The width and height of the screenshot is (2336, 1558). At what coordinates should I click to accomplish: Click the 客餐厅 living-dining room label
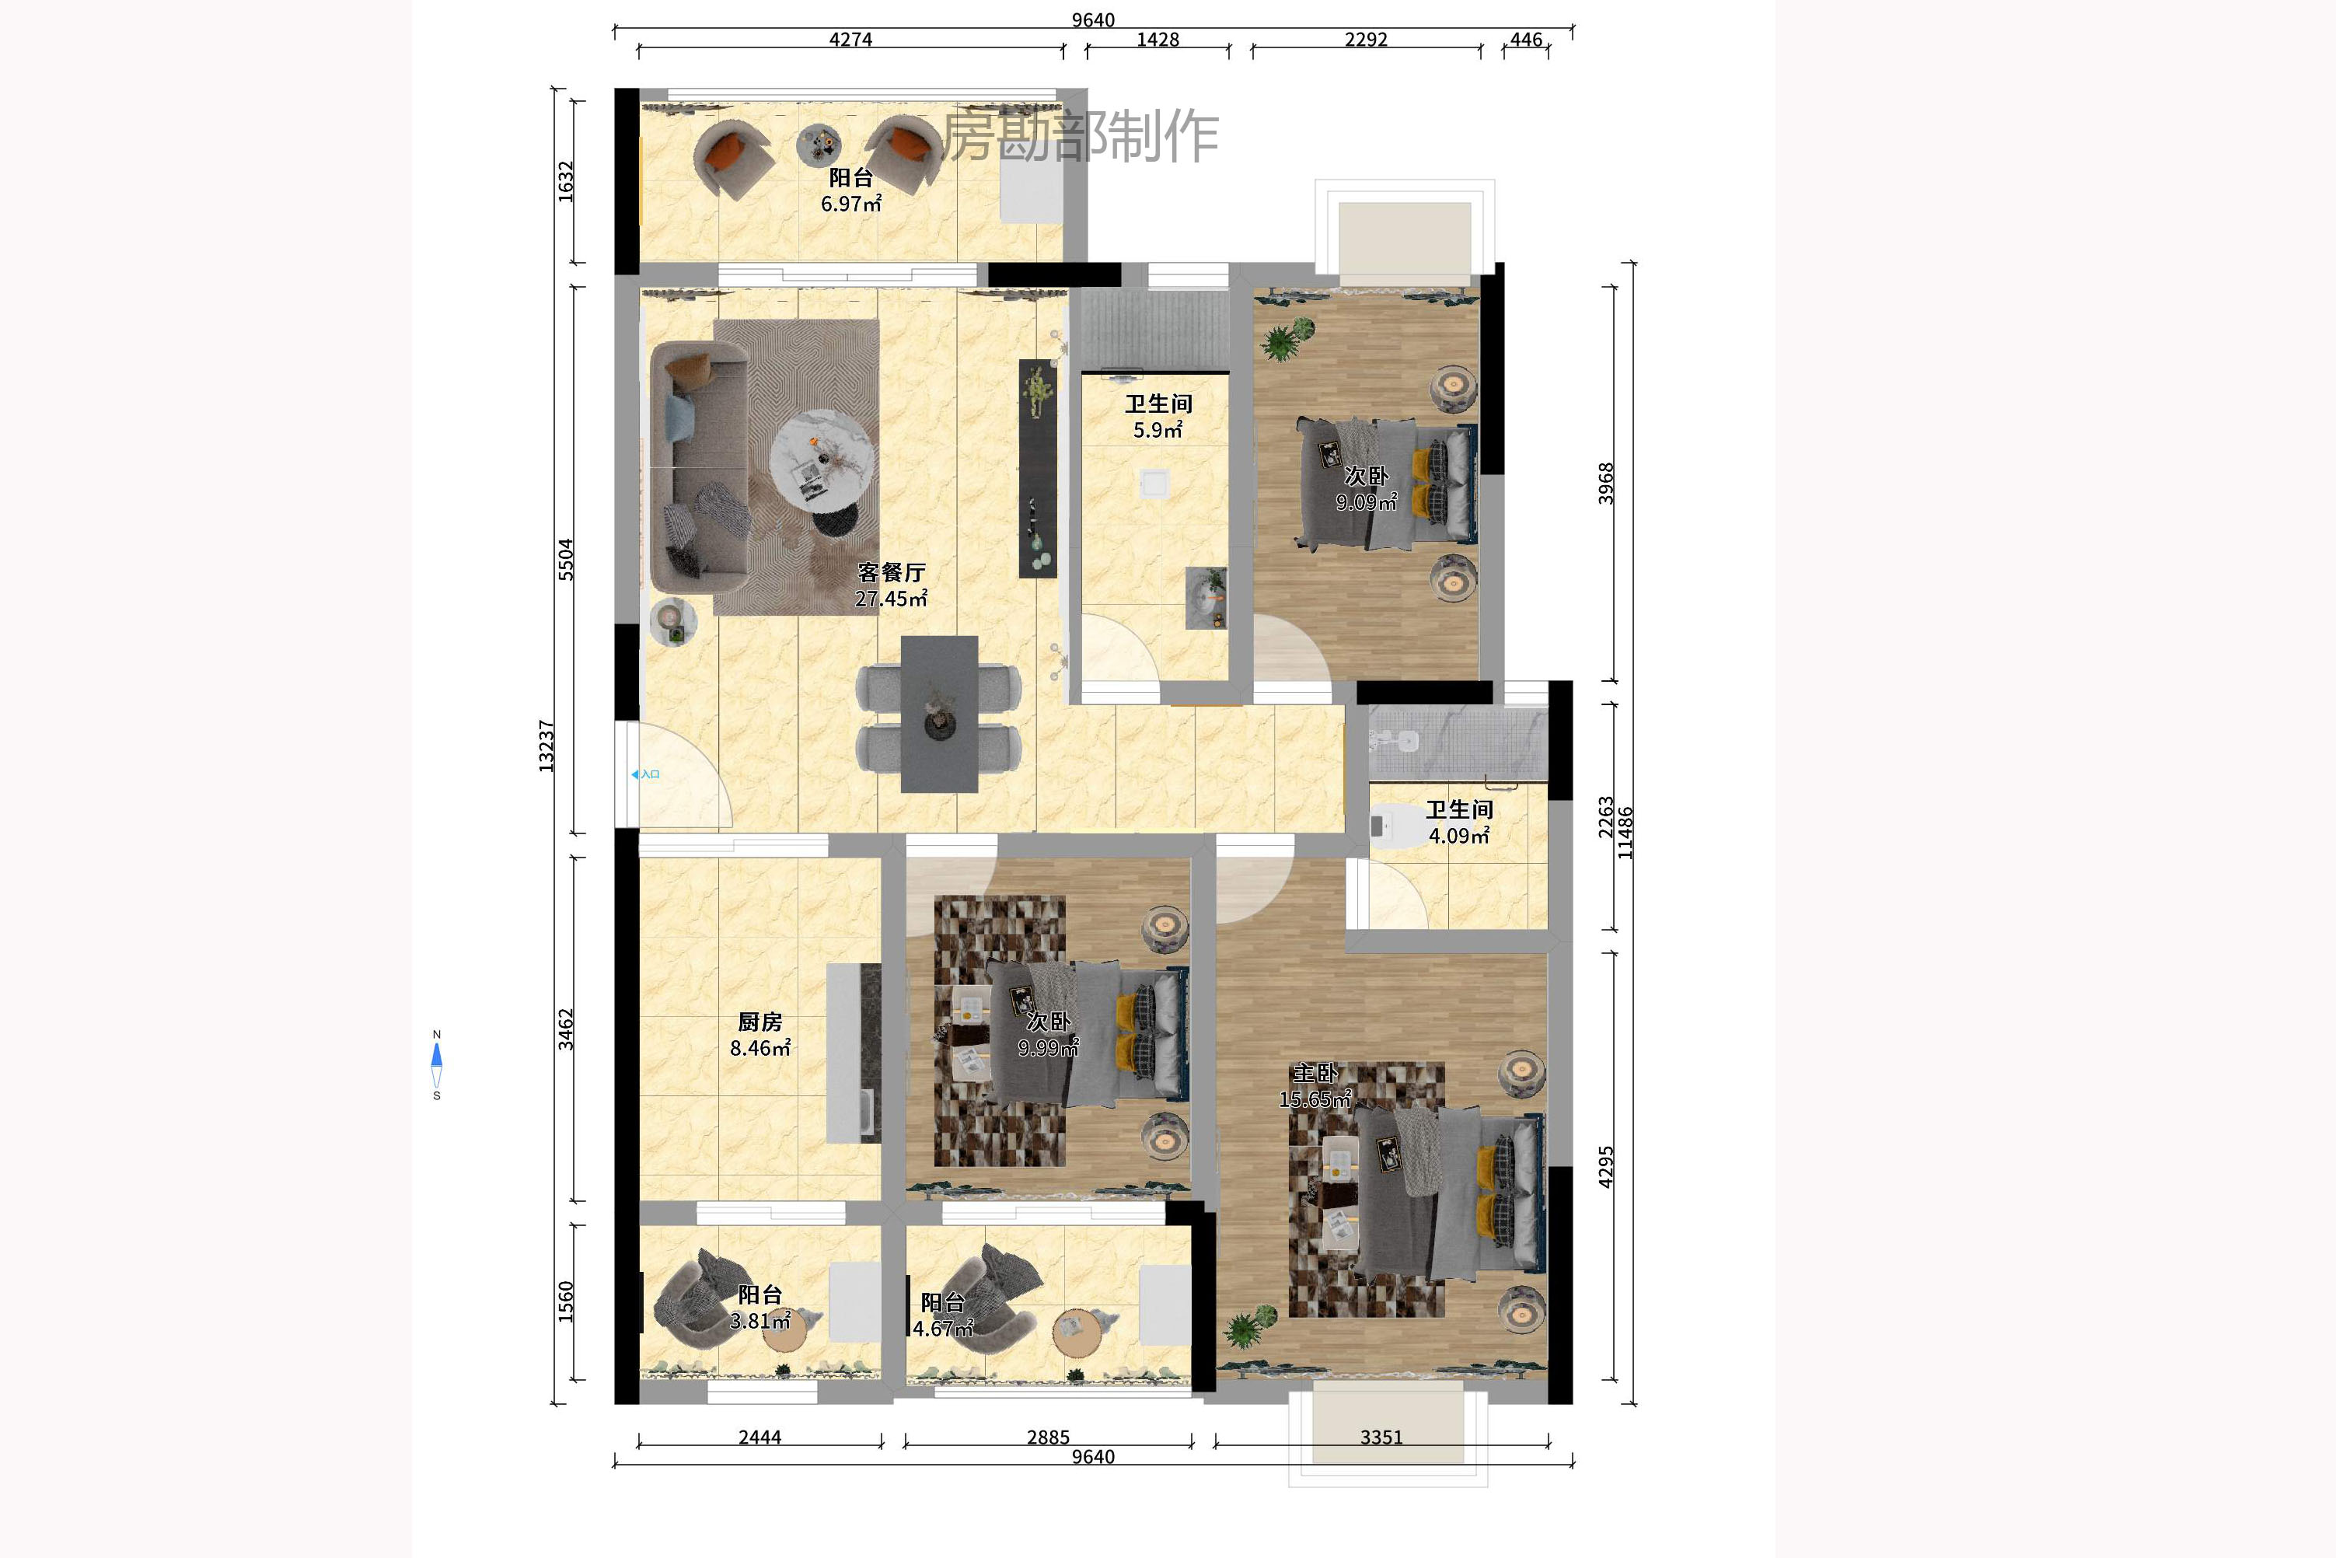(892, 572)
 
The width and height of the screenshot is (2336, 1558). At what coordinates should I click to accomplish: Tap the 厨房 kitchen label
(760, 1022)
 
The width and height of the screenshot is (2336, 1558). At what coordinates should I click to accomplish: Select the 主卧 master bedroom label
(1315, 1073)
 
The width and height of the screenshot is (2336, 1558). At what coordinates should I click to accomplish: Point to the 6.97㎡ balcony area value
(851, 204)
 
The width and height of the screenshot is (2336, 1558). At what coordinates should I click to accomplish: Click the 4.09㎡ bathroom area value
(1458, 836)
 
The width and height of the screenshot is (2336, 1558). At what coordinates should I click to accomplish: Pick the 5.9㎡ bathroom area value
(1158, 430)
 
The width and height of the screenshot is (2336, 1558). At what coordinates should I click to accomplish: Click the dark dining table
(939, 714)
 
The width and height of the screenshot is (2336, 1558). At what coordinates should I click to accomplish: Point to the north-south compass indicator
(436, 1065)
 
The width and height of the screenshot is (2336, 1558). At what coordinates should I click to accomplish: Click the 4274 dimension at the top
(850, 40)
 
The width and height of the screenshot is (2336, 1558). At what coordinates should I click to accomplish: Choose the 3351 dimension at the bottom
(1381, 1437)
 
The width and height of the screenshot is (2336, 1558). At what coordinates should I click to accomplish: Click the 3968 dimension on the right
(1606, 484)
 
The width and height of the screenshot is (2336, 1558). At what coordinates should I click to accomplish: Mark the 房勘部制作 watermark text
(1080, 136)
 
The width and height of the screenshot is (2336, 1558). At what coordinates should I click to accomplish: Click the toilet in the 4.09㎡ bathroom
(1397, 826)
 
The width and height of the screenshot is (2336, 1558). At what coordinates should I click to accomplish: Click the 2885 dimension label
(1048, 1437)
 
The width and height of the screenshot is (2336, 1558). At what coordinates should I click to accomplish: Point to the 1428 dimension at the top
(1158, 40)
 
